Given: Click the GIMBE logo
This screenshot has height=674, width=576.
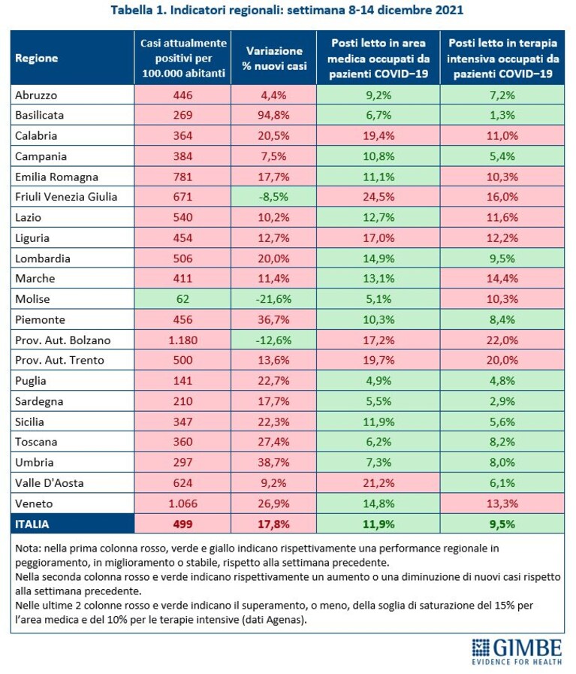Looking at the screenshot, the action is click(x=517, y=651).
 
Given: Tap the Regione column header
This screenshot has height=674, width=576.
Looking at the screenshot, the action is click(x=37, y=58).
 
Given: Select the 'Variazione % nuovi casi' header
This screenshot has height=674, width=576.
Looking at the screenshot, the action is click(x=274, y=58).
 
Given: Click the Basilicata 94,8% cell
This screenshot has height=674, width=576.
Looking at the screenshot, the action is click(x=274, y=115).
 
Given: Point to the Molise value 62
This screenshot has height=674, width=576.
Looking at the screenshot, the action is click(x=182, y=299).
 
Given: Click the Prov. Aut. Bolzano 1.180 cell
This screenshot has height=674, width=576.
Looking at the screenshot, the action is click(x=182, y=340).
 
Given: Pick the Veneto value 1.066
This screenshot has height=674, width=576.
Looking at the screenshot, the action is click(x=182, y=503).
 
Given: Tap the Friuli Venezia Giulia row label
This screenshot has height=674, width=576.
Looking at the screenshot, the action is click(x=66, y=197).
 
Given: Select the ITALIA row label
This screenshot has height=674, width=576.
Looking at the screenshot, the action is click(x=32, y=524).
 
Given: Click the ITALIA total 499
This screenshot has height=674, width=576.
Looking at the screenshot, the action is click(x=182, y=524).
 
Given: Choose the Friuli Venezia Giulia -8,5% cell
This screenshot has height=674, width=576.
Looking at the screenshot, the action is click(x=274, y=197).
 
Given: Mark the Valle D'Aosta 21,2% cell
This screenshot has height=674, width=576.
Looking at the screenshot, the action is click(x=378, y=482).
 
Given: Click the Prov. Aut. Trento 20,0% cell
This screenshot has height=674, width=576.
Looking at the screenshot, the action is click(x=502, y=360).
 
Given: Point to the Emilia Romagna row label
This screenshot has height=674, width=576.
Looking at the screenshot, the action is click(x=56, y=177).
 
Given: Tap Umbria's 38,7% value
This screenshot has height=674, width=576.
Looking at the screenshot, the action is click(x=274, y=463).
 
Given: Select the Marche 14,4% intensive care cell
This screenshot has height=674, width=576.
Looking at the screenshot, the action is click(x=502, y=279).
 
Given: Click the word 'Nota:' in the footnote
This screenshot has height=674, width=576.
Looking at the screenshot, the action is click(x=28, y=549).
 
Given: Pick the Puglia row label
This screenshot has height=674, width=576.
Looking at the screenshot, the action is click(x=31, y=381).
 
